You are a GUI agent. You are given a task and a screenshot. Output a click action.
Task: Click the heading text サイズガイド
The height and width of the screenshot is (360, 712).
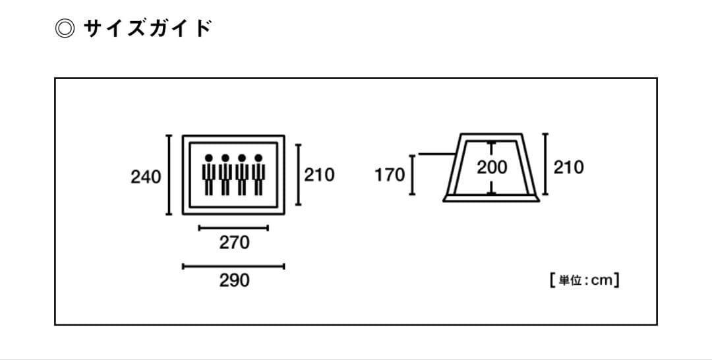click(148, 28)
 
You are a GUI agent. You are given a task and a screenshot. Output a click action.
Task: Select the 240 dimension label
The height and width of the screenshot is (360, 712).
click(146, 177)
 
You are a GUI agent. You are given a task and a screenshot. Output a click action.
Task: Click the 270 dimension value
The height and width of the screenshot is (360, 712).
click(234, 243)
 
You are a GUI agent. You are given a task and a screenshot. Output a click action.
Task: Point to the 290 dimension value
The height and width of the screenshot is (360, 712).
click(234, 280)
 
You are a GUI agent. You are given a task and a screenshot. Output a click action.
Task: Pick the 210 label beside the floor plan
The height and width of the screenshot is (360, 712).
click(319, 175)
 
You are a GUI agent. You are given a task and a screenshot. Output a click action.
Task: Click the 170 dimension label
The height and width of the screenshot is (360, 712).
click(390, 175)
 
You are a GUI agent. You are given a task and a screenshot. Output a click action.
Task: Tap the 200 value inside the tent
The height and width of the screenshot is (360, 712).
click(492, 167)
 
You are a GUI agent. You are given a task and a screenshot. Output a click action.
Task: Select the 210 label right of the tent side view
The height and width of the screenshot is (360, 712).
click(568, 167)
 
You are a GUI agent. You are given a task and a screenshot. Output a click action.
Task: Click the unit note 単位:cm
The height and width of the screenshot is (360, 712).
click(583, 280)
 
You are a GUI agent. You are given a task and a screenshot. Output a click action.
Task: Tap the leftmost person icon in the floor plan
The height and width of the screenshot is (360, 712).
click(209, 175)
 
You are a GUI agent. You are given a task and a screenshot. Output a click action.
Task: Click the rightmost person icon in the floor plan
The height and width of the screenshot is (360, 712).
click(258, 175)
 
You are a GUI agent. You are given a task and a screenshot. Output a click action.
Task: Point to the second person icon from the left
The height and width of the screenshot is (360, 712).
click(225, 175)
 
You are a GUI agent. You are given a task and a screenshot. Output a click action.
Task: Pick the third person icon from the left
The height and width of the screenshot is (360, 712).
click(242, 175)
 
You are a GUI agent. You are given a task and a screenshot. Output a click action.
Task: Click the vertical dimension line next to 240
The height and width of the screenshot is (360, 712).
click(169, 175)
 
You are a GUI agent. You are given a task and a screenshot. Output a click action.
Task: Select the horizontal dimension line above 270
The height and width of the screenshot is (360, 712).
click(233, 228)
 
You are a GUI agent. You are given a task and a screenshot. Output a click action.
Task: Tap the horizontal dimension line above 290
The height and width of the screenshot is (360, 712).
click(233, 266)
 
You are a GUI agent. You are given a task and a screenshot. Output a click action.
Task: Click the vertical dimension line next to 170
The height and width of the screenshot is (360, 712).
click(412, 175)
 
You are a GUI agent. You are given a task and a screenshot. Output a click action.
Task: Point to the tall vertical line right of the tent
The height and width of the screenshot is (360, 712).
click(545, 164)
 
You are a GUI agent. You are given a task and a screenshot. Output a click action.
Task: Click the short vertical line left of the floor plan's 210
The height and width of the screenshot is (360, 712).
click(299, 175)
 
